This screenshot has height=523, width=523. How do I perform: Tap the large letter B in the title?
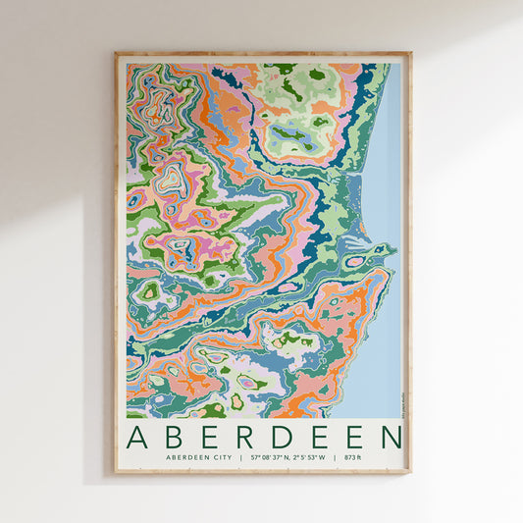click(x=175, y=438)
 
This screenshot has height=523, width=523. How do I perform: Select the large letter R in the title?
click(x=245, y=438)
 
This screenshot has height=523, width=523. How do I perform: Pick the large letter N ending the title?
click(x=392, y=438)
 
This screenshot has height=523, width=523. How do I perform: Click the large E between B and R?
click(x=210, y=438)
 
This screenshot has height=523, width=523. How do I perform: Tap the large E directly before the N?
click(x=354, y=438)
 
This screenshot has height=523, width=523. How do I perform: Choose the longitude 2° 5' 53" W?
click(x=308, y=458)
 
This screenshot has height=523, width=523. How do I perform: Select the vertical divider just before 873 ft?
click(x=337, y=458)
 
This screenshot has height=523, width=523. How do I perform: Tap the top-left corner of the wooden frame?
click(x=116, y=54)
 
